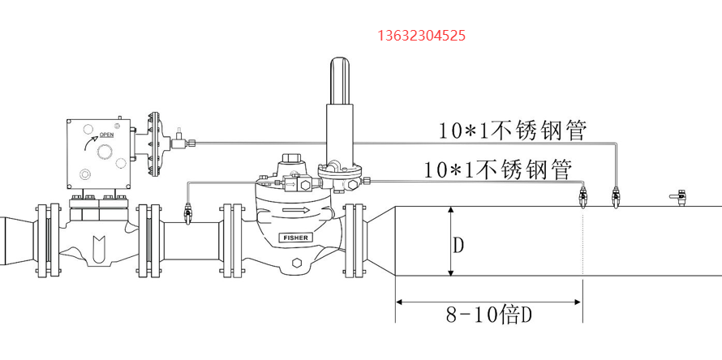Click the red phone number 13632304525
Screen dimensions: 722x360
(x=421, y=35)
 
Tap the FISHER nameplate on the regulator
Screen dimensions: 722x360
(x=295, y=238)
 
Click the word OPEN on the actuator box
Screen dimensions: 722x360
(x=106, y=135)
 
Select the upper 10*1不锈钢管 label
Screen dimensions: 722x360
(x=511, y=131)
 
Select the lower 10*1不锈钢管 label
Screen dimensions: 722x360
(x=498, y=169)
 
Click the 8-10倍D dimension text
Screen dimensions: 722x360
(x=489, y=315)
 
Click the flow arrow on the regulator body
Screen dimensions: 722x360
(x=294, y=211)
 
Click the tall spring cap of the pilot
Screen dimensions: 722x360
(x=340, y=80)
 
